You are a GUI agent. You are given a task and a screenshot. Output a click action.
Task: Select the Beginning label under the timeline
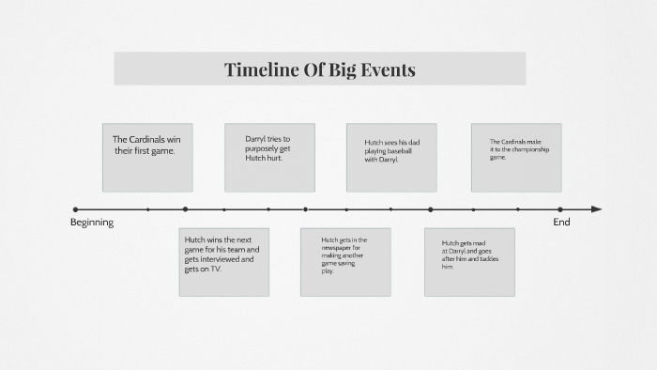[x=92, y=223]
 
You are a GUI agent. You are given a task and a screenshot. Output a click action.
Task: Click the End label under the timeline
[x=561, y=223]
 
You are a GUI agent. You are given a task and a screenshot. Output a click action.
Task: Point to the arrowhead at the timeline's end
[x=597, y=209]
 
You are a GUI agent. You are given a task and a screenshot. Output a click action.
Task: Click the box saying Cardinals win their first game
[x=147, y=158]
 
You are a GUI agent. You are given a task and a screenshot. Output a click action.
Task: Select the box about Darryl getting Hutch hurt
[x=269, y=158]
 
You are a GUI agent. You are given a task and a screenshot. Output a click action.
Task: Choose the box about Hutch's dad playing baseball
[x=391, y=158]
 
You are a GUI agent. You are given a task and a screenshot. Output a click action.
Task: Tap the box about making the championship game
[x=515, y=158]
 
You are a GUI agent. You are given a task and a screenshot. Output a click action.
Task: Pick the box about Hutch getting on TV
[x=223, y=262]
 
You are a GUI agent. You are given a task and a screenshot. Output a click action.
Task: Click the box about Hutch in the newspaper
[x=345, y=262]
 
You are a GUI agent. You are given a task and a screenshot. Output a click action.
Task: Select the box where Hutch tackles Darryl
[x=469, y=262]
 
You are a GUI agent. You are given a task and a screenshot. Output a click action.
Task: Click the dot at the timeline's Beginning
[x=75, y=209]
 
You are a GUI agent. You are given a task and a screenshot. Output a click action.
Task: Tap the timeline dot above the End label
[x=560, y=209]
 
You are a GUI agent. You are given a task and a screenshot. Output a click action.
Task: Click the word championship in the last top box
[x=532, y=150]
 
